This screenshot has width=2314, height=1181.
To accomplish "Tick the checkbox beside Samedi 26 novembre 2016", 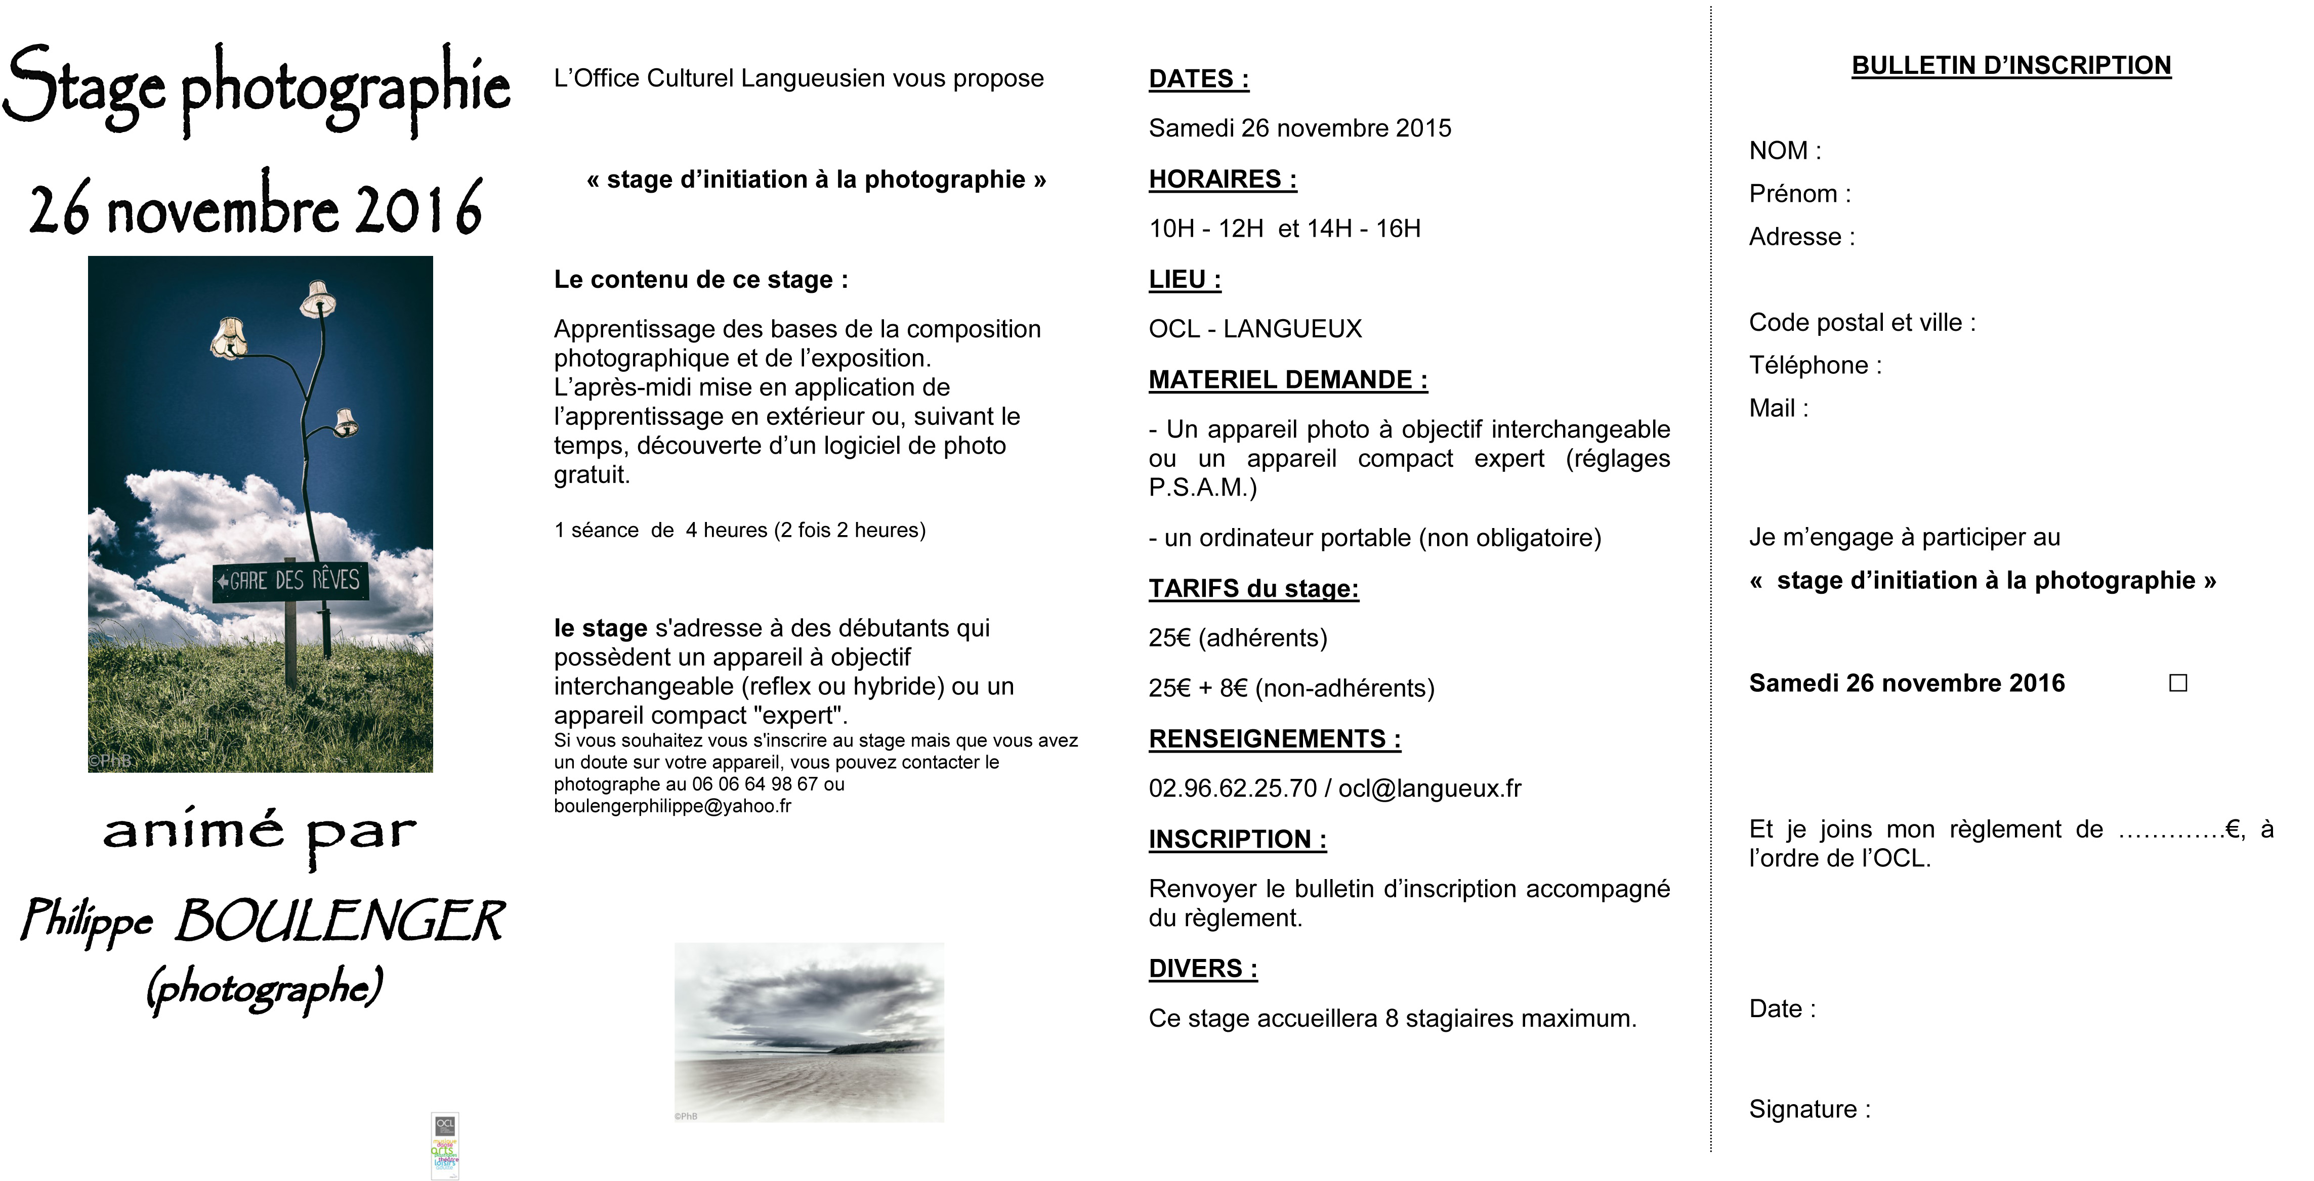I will coord(2177,683).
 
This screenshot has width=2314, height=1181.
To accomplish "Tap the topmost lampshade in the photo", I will coord(317,299).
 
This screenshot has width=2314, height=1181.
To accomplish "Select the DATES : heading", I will coord(1198,79).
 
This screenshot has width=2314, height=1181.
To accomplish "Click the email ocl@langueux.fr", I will coord(1429,789).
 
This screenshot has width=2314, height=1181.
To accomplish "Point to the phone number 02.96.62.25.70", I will coord(1232,789).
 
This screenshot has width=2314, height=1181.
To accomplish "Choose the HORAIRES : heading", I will coord(1222,180).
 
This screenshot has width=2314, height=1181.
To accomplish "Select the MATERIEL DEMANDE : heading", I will coord(1287,380).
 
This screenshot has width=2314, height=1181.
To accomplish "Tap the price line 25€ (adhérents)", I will coord(1237,638).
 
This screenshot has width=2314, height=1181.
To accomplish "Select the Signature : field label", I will coord(1809,1109).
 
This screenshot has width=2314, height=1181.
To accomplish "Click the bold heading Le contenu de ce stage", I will coord(700,280).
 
